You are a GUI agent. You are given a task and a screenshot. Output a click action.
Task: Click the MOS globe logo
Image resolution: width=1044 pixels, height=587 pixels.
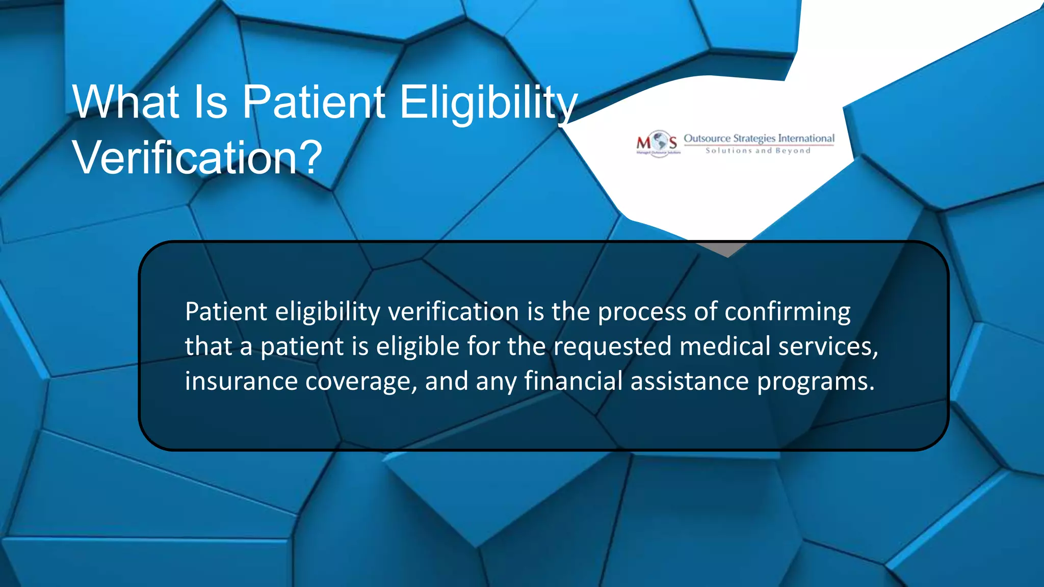click(658, 143)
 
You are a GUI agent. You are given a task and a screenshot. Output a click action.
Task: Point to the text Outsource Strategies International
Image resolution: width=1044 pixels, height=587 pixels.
click(759, 138)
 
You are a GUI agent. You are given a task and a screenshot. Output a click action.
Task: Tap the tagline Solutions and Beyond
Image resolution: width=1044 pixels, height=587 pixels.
click(758, 151)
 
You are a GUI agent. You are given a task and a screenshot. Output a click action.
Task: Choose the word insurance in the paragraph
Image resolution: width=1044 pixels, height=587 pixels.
click(241, 381)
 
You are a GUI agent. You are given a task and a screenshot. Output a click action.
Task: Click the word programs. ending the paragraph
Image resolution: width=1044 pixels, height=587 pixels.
click(816, 381)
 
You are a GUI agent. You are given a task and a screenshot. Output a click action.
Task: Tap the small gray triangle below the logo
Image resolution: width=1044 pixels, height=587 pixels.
click(727, 249)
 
